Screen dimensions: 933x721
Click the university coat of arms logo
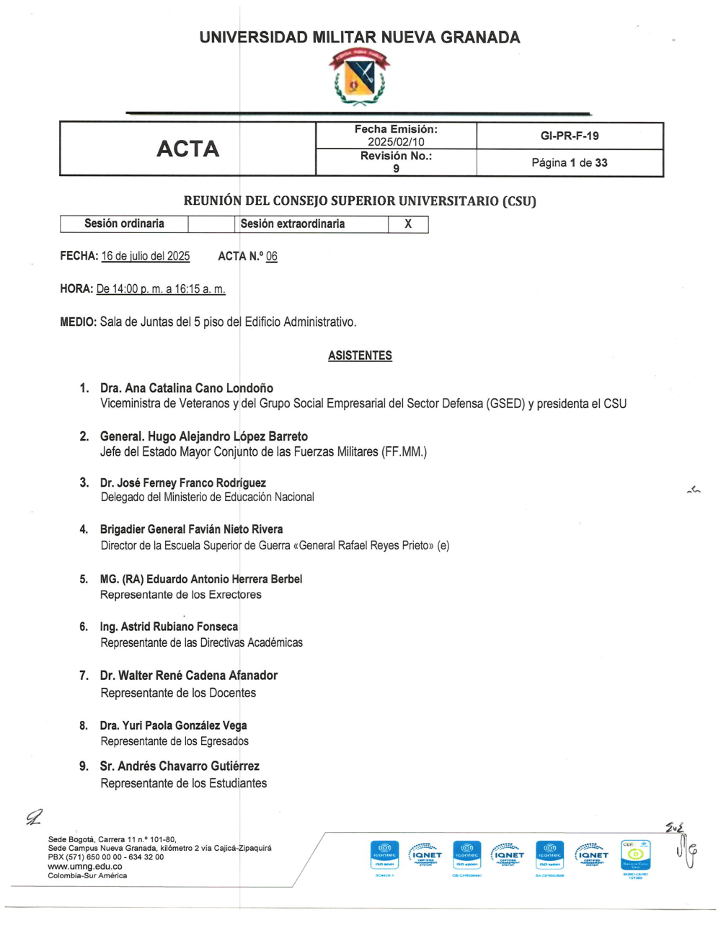(x=359, y=77)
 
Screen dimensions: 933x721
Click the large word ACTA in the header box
(x=187, y=149)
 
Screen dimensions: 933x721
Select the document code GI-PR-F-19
(x=569, y=136)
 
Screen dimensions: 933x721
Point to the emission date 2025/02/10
(x=396, y=142)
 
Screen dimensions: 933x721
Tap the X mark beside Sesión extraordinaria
(x=408, y=224)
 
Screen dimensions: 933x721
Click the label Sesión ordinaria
(x=124, y=224)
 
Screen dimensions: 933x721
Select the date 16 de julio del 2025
(x=146, y=256)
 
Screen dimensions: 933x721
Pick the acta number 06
(x=271, y=256)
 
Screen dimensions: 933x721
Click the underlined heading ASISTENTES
(x=360, y=355)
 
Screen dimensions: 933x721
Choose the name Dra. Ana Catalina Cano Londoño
(x=186, y=388)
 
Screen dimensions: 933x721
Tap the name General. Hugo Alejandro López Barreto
(x=203, y=436)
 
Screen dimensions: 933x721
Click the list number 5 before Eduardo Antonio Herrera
(x=84, y=579)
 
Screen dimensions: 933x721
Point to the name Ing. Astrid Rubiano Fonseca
(x=169, y=627)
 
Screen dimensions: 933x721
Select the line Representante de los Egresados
(x=174, y=741)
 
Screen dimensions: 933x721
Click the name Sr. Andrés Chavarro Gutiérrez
(x=180, y=766)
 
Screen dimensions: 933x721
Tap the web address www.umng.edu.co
(x=85, y=867)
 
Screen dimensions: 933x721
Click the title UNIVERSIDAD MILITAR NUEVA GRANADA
(x=359, y=37)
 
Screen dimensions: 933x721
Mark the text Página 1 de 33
(x=569, y=163)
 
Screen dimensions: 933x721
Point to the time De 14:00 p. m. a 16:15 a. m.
(x=161, y=289)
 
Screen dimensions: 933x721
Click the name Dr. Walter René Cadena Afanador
(x=188, y=676)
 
